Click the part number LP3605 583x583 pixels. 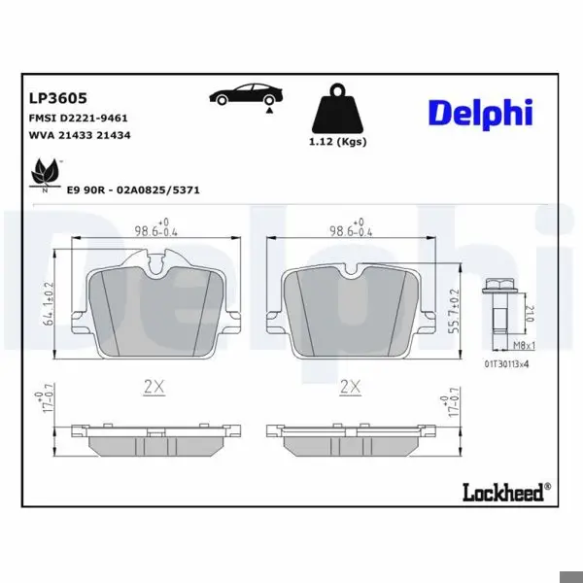pyautogui.click(x=58, y=98)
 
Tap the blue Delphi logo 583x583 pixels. pyautogui.click(x=481, y=113)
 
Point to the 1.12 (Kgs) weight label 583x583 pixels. pyautogui.click(x=337, y=142)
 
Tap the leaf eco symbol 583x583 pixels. pyautogui.click(x=46, y=175)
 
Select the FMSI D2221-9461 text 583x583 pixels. pyautogui.click(x=78, y=119)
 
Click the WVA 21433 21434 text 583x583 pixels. pyautogui.click(x=80, y=135)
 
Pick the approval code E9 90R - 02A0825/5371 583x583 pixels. pyautogui.click(x=133, y=190)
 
